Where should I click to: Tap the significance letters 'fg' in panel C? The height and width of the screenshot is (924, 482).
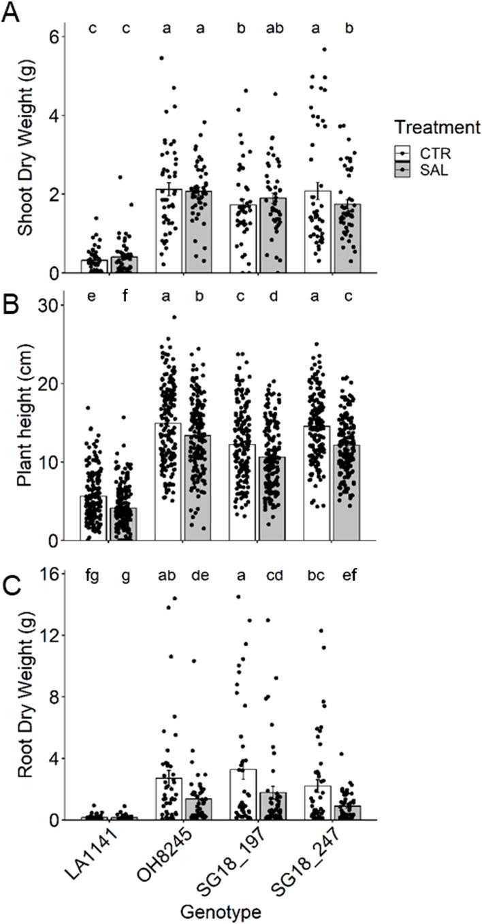click(93, 577)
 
